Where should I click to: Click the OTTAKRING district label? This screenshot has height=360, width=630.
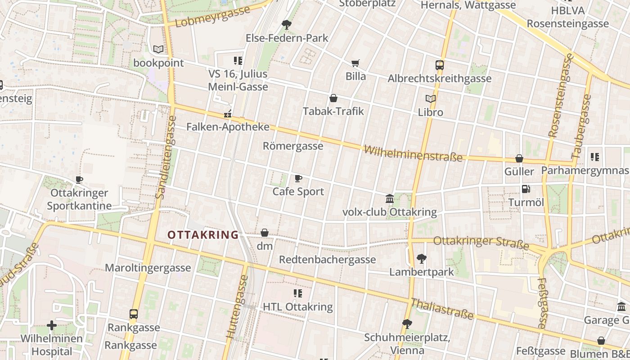click(x=203, y=235)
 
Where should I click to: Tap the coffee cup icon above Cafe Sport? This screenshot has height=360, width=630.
click(x=298, y=179)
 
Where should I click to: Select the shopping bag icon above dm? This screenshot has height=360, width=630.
click(x=265, y=233)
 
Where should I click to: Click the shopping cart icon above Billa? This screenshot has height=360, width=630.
click(x=355, y=63)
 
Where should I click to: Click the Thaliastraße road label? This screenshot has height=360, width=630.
click(x=442, y=309)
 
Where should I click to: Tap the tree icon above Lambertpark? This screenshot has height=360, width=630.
click(x=422, y=259)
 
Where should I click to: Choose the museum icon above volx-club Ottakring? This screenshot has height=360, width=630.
click(x=390, y=198)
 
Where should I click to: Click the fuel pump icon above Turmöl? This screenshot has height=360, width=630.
click(x=526, y=189)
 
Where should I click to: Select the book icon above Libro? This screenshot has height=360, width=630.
click(x=431, y=99)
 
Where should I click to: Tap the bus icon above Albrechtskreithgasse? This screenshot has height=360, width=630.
click(x=440, y=65)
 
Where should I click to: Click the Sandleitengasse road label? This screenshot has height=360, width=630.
click(x=165, y=157)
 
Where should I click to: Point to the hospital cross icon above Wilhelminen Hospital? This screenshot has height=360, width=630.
click(x=52, y=325)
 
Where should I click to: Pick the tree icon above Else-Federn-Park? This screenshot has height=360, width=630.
click(x=287, y=25)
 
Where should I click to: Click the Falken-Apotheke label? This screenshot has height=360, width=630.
click(x=228, y=127)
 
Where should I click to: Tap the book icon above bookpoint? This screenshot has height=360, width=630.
click(x=158, y=49)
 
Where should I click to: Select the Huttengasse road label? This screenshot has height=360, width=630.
click(x=237, y=306)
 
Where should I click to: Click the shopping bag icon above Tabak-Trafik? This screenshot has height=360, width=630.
click(x=333, y=98)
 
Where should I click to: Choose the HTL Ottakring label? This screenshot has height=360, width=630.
click(x=297, y=307)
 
